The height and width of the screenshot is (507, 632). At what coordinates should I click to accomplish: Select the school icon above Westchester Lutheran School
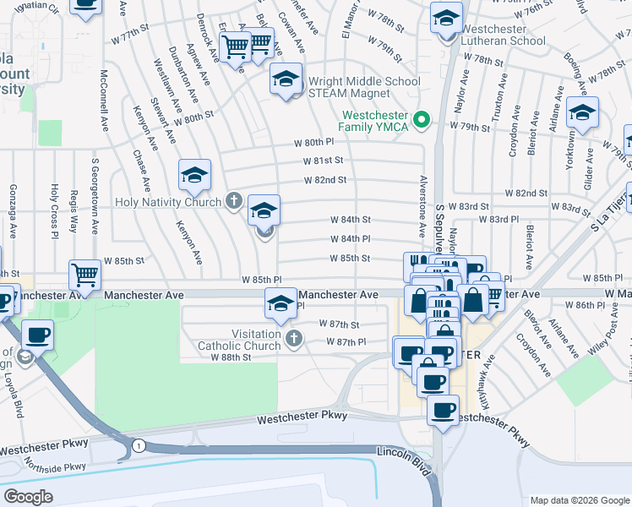click(x=446, y=17)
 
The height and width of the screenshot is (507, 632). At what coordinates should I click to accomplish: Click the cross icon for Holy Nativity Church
click(x=234, y=201)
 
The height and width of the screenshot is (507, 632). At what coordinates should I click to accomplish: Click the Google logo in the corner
click(x=28, y=496)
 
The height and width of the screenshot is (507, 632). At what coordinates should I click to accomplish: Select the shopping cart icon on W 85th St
click(x=84, y=274)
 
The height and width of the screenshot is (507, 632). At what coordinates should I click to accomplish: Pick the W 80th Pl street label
click(x=314, y=143)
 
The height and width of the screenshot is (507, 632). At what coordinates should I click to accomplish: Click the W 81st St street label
click(x=324, y=161)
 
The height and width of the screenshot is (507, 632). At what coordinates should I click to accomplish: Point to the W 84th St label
click(x=350, y=220)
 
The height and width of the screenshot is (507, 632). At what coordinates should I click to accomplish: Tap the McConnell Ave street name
click(x=105, y=99)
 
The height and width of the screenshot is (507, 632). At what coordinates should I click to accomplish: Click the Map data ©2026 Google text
click(x=579, y=499)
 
